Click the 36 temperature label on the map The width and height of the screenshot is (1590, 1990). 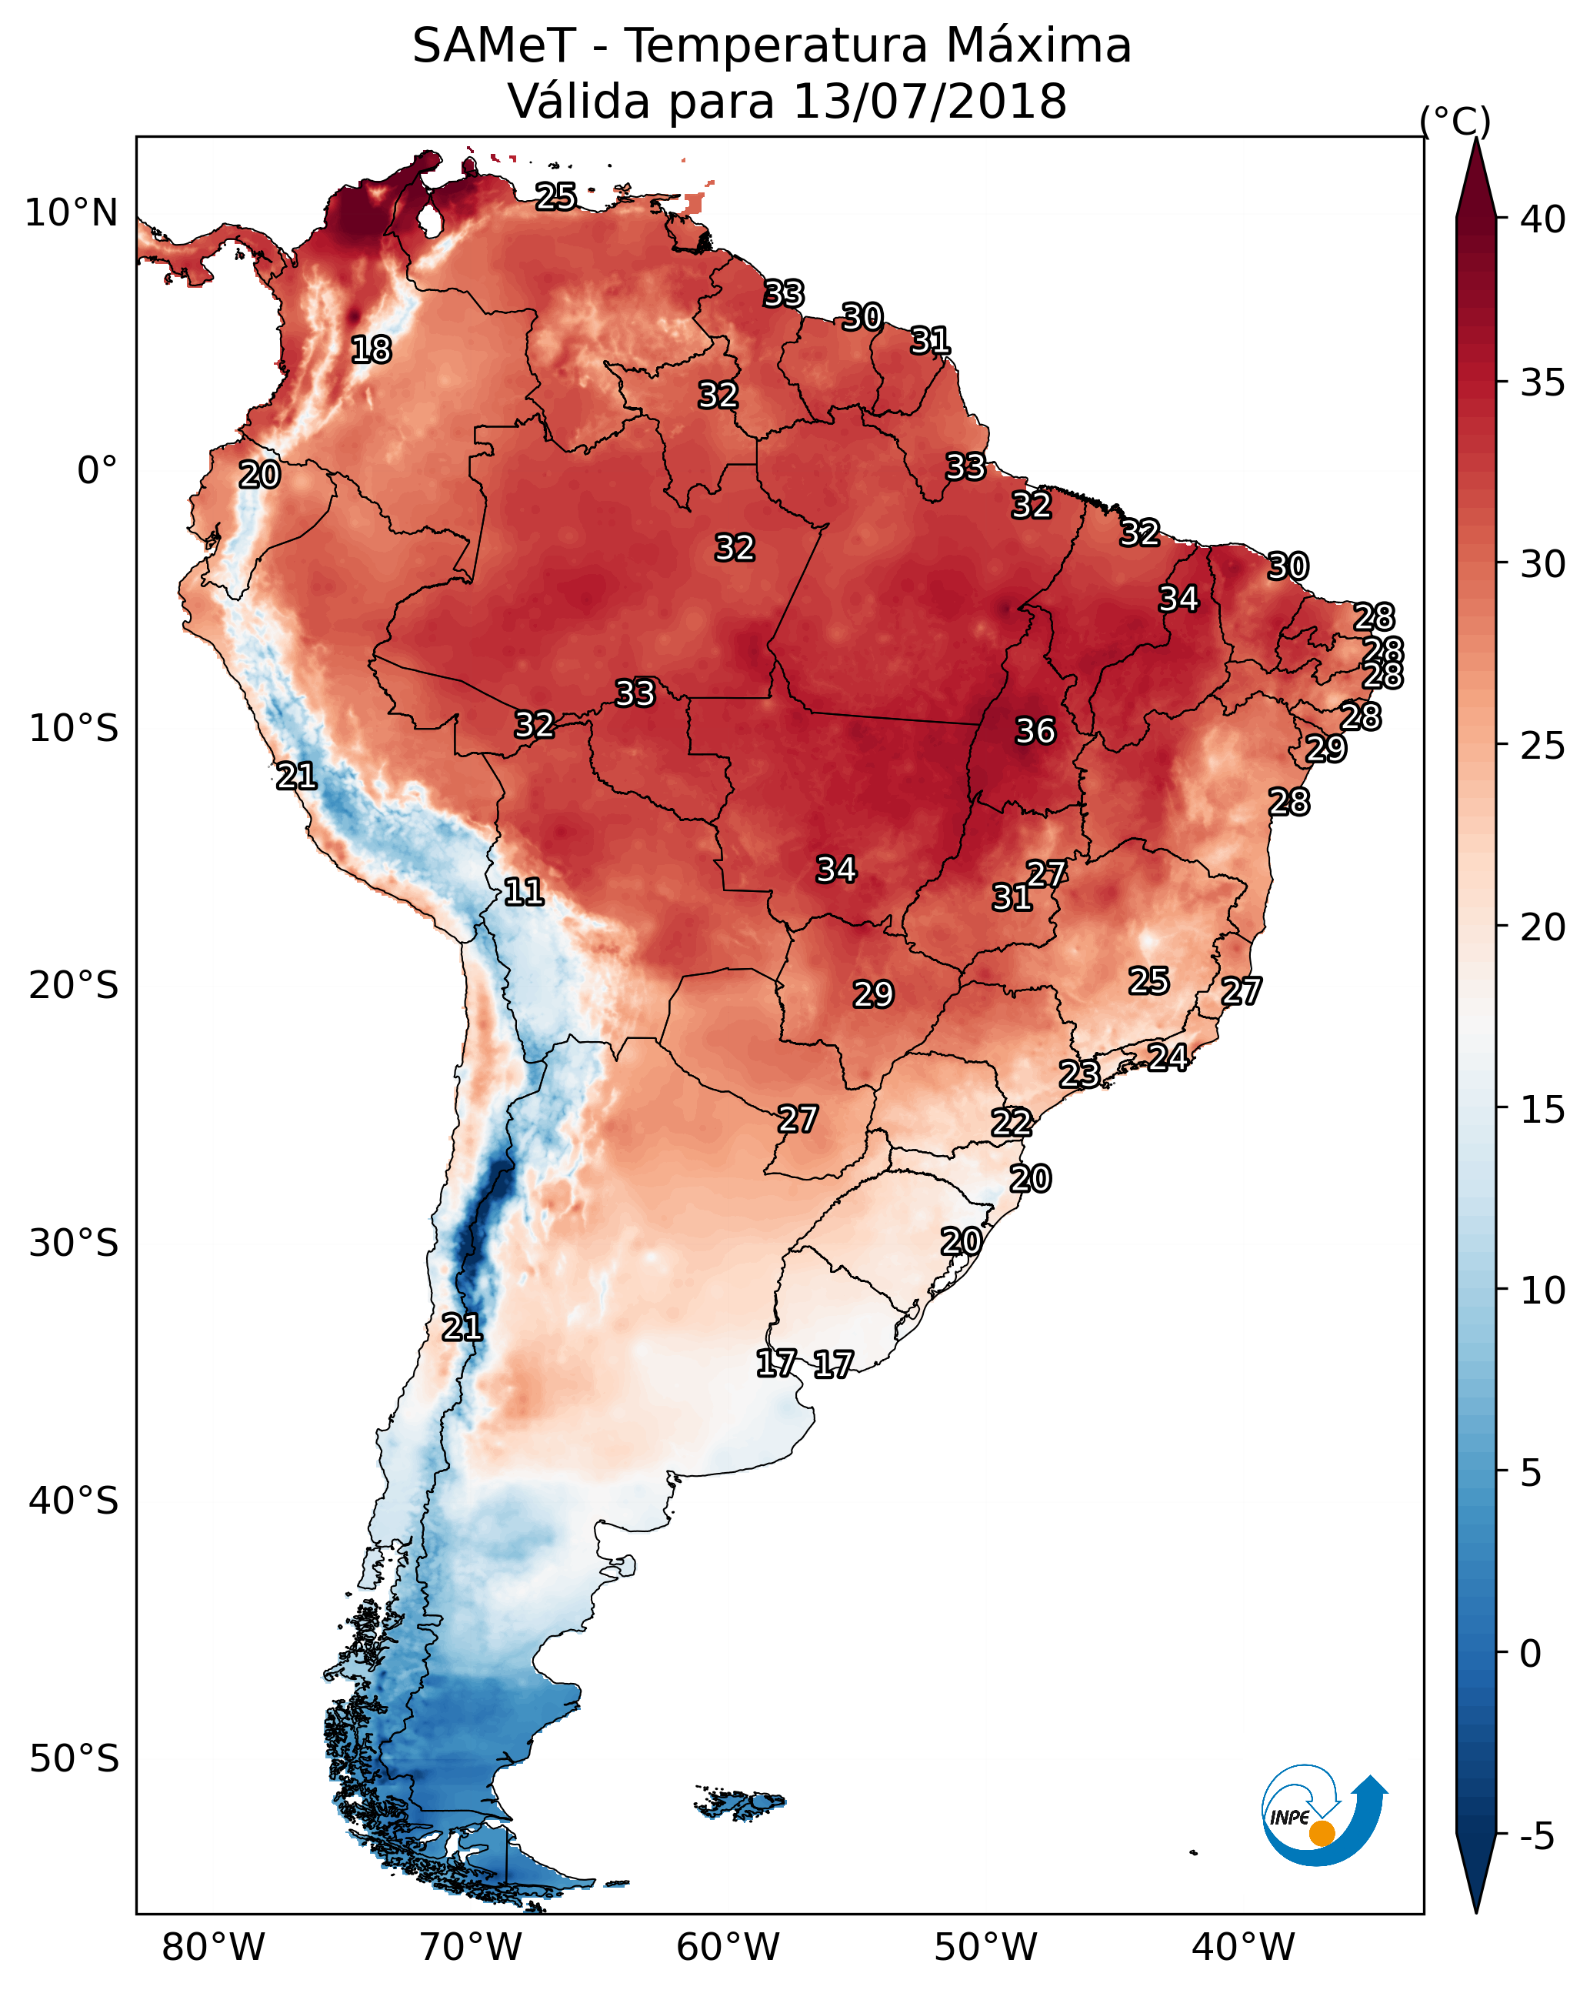pos(1035,731)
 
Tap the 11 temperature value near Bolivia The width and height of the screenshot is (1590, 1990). pos(523,892)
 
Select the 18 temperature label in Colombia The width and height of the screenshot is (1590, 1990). pos(371,350)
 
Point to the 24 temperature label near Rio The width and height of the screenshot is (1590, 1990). pos(1168,1057)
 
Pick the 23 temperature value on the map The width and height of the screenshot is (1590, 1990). pos(1078,1073)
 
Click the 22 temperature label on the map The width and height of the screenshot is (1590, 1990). pos(1012,1123)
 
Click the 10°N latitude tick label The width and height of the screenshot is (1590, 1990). pos(71,213)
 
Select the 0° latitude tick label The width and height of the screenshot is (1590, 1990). pos(97,471)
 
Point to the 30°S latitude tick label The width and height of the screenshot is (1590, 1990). pos(74,1244)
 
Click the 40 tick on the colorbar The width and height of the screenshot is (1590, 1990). pos(1542,219)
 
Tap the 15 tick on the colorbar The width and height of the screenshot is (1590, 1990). pos(1542,1110)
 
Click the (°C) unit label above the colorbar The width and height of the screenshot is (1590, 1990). pos(1455,121)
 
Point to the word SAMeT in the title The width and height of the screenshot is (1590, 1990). pos(494,46)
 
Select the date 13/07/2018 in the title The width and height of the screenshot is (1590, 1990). pos(929,102)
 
